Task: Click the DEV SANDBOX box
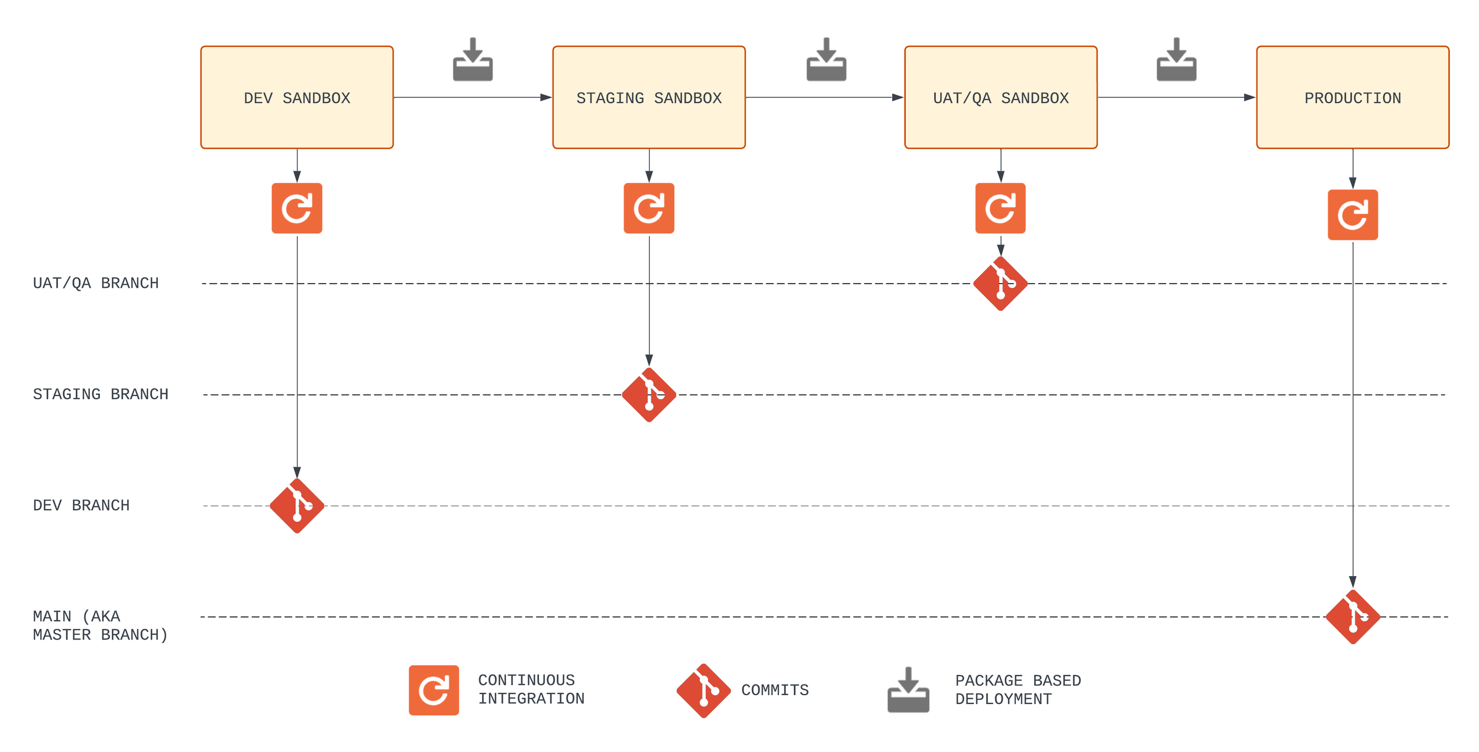pos(297,98)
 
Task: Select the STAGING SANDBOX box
pos(649,98)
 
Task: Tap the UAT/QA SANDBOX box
pos(1000,98)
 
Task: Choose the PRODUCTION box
pos(1352,98)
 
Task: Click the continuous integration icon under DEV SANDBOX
pos(297,208)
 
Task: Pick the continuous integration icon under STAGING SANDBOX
pos(649,208)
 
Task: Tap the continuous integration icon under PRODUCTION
pos(1352,215)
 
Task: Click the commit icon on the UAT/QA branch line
pos(1000,284)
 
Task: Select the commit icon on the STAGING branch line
pos(649,395)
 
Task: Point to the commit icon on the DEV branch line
pos(297,506)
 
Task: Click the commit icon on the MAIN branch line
pos(1352,617)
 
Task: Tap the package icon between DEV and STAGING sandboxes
pos(473,60)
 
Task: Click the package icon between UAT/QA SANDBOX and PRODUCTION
pos(1176,60)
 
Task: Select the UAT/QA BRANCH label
pos(96,284)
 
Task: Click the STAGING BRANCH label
pos(101,395)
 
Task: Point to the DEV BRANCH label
pos(81,506)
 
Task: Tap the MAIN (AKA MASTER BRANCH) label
pos(100,626)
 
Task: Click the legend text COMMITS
pos(775,690)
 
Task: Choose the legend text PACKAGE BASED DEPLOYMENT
pos(1018,690)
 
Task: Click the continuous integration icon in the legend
pos(434,690)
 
